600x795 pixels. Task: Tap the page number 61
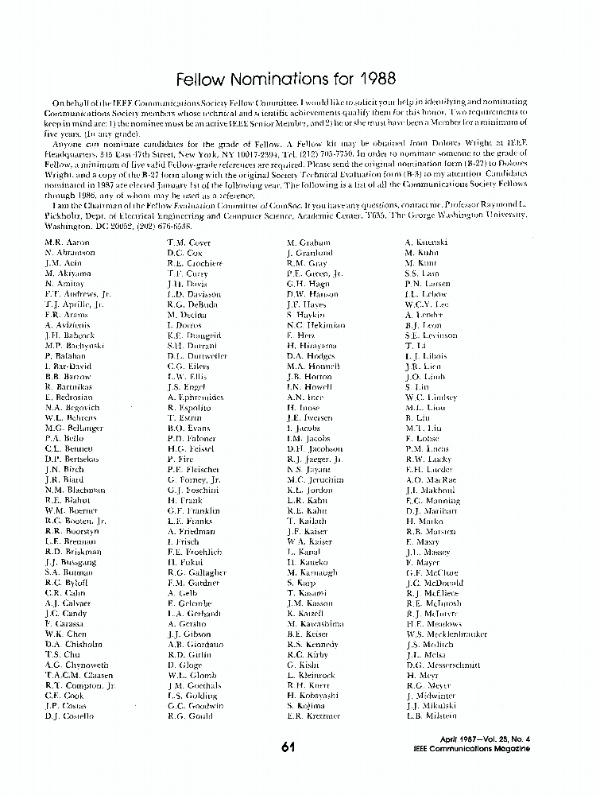(288, 747)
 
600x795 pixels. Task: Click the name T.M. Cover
(188, 242)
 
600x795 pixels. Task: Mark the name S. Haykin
(307, 314)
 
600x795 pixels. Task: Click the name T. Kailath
(307, 521)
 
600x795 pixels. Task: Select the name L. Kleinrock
(312, 675)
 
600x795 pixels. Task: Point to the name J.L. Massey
(428, 551)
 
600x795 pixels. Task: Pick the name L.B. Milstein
(432, 715)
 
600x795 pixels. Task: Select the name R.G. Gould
(190, 715)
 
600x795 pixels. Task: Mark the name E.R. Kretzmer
(313, 715)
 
